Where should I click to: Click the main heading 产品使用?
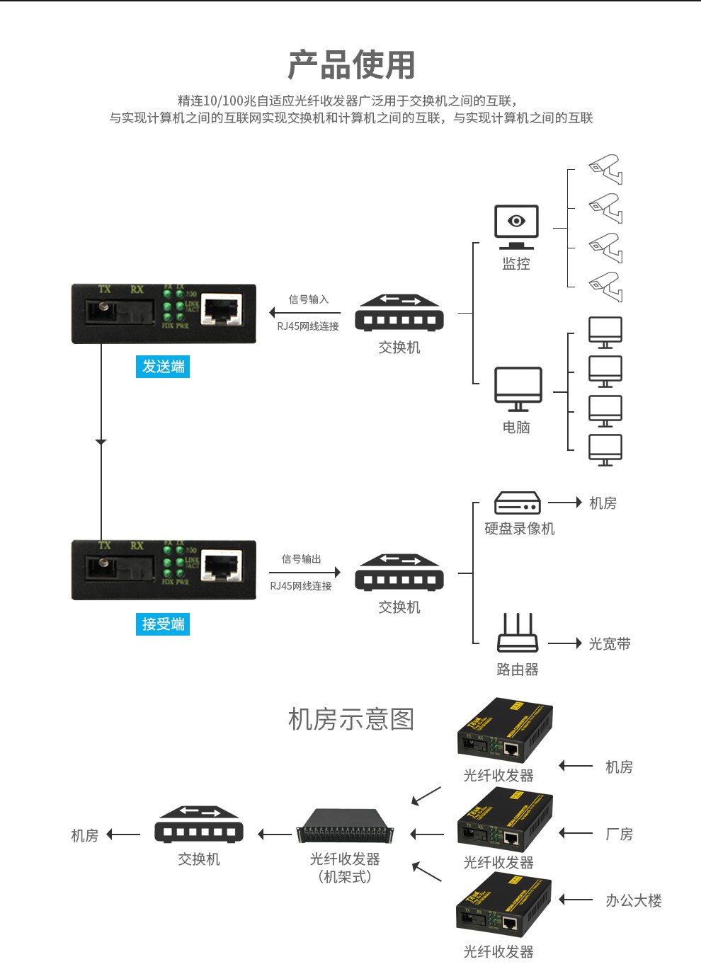(351, 65)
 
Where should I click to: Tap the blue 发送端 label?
(163, 367)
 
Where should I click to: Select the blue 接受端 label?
(163, 624)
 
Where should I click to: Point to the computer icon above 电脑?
(518, 389)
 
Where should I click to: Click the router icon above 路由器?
(518, 633)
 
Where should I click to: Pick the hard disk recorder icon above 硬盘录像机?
(517, 503)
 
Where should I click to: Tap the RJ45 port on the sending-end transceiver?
(222, 310)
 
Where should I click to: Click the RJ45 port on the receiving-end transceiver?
(222, 567)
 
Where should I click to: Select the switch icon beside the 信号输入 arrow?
(399, 313)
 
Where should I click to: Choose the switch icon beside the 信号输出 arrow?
(399, 573)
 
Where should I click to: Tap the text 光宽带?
(610, 644)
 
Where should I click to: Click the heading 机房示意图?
(351, 719)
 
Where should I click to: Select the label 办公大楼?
(633, 901)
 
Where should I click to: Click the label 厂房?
(619, 835)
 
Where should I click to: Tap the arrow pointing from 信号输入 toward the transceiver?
(304, 313)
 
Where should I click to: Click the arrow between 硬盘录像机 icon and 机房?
(565, 503)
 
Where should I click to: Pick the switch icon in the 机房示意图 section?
(199, 825)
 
